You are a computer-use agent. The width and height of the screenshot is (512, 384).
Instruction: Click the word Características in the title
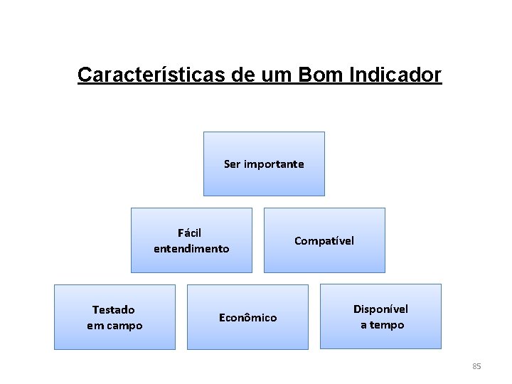[x=152, y=75]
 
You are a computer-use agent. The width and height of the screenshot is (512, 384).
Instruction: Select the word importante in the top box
[x=274, y=164]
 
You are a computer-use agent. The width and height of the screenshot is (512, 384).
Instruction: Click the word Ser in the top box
[x=233, y=164]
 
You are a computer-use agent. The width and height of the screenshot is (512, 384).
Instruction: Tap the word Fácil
[x=190, y=233]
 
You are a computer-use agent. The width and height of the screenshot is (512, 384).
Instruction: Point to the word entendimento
[x=191, y=249]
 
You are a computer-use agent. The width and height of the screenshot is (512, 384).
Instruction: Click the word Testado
[x=114, y=310]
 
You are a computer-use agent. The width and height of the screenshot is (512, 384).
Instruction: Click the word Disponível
[x=381, y=309]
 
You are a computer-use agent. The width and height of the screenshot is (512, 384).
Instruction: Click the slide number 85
[x=476, y=366]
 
